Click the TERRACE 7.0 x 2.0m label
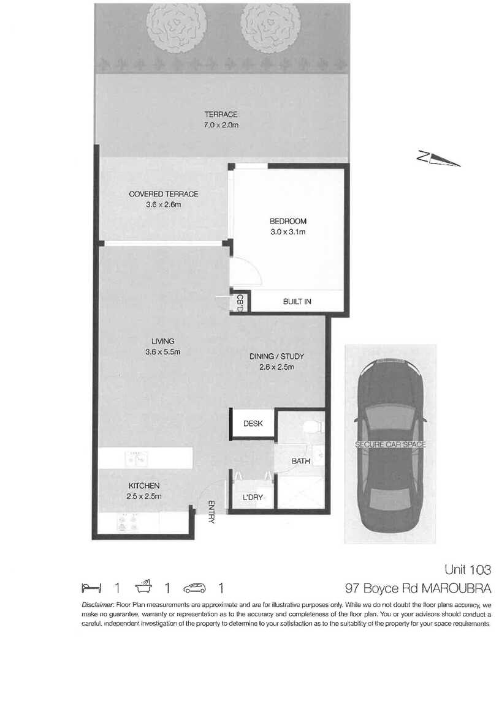click(x=221, y=119)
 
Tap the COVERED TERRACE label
click(x=163, y=199)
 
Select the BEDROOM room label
click(x=288, y=227)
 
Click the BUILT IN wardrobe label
click(x=297, y=301)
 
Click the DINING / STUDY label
click(x=276, y=361)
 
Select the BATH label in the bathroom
click(x=300, y=462)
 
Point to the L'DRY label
click(x=253, y=497)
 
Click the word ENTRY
click(x=211, y=512)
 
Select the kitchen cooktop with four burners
click(x=129, y=522)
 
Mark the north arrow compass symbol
click(x=438, y=159)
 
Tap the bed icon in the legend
click(x=90, y=588)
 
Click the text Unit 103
click(x=468, y=570)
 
